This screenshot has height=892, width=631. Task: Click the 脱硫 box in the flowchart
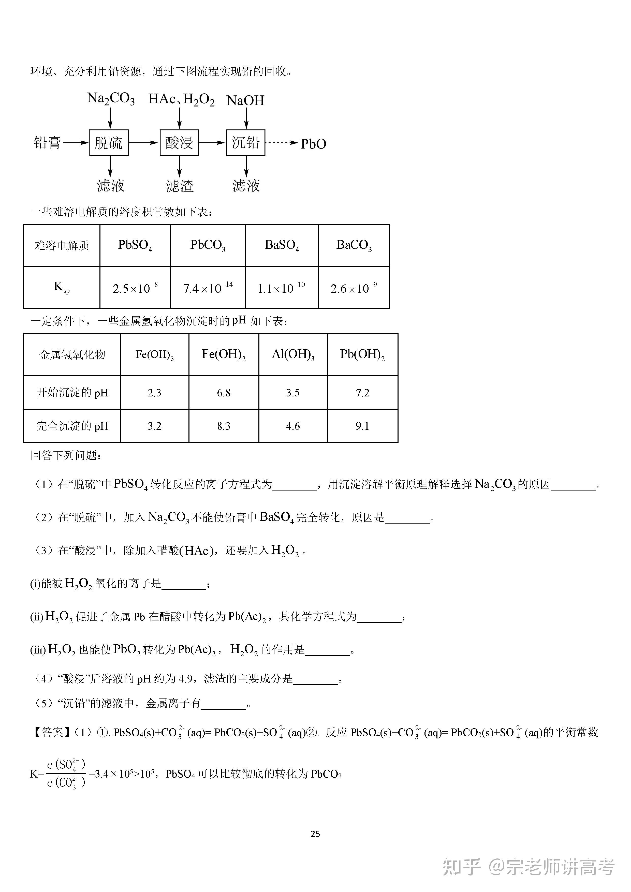pos(109,143)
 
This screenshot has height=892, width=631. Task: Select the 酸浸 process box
pos(179,143)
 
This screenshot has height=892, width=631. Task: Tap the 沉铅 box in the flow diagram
pos(246,143)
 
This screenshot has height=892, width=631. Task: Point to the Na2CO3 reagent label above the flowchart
pos(111,98)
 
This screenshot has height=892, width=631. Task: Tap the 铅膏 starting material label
pos(47,143)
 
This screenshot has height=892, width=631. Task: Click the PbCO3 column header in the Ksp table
pos(208,245)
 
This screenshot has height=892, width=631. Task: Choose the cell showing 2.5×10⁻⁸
pos(135,288)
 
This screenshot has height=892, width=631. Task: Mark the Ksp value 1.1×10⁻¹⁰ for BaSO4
pos(281,288)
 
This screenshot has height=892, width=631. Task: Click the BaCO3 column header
pos(354,245)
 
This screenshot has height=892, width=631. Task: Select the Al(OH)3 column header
pos(293,354)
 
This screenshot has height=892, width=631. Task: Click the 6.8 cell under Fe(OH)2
pos(224,393)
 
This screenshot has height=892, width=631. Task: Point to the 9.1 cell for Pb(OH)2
pos(362,426)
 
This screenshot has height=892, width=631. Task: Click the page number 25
pos(315,834)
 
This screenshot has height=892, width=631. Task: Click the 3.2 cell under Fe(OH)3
pos(154,426)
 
